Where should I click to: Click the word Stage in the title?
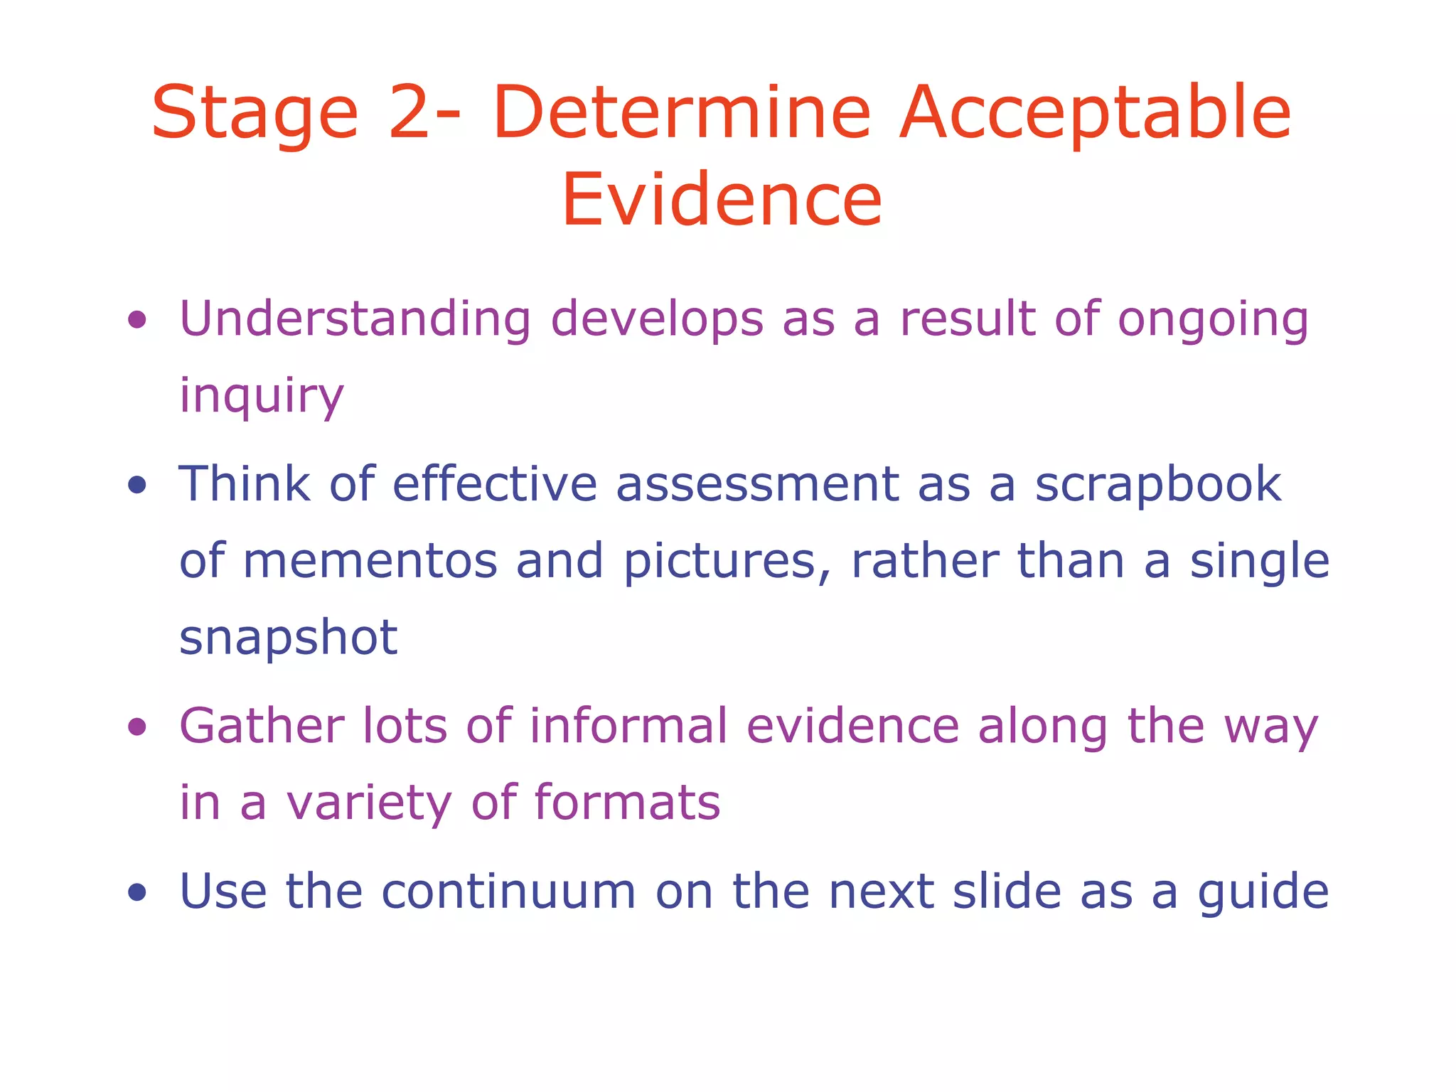pos(255,114)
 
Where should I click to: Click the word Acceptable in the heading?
pos(1095,114)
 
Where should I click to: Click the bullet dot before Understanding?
pos(137,320)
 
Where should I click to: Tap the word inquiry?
pos(261,397)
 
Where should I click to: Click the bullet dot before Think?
pos(137,486)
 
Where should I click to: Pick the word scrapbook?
pos(1157,484)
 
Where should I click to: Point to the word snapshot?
pos(288,638)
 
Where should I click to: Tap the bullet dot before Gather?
pos(137,727)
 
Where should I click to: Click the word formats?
pos(627,803)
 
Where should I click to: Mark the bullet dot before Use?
pos(137,892)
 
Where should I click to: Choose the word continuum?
pos(508,892)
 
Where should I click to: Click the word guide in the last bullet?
pos(1263,893)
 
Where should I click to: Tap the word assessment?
pos(757,484)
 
